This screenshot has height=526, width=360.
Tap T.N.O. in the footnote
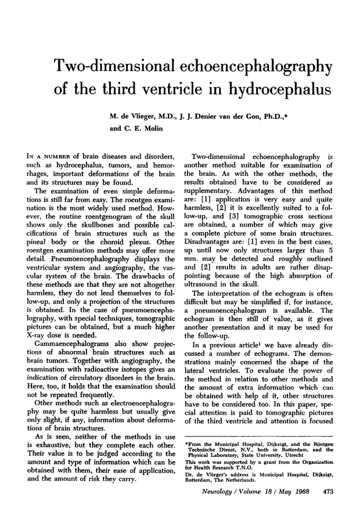point(241,485)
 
